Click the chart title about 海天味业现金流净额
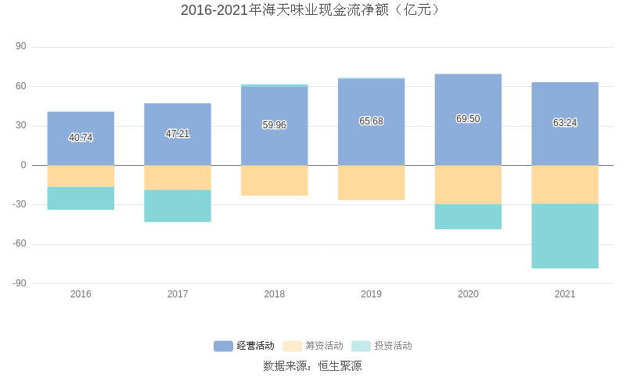pos(312,10)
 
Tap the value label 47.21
pos(178,134)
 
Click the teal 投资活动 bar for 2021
pos(564,236)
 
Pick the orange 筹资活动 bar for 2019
pos(371,182)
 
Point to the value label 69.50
pos(468,119)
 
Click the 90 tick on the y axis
pos(21,47)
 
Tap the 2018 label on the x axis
pos(274,294)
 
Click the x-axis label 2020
pos(468,294)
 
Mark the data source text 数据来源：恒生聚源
pos(312,366)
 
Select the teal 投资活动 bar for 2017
pos(178,206)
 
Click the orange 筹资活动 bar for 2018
pos(274,180)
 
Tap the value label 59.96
pos(274,125)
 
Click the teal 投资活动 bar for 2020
pos(468,217)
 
